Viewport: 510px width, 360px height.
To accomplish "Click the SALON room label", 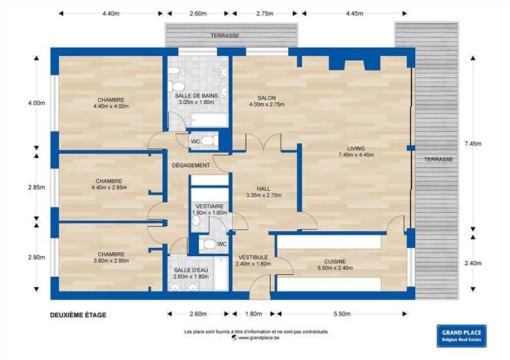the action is [x=267, y=98].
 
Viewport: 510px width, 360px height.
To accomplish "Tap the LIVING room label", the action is [x=356, y=148].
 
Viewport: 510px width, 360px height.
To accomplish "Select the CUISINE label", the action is [x=335, y=262].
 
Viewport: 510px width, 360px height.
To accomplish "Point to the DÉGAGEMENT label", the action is [x=191, y=165].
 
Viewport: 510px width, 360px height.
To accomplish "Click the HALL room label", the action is [x=263, y=189].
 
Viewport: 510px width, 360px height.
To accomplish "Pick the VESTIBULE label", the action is [x=253, y=258].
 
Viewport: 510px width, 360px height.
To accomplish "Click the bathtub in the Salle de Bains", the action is [x=209, y=120].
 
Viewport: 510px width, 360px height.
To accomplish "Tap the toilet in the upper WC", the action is [x=207, y=141].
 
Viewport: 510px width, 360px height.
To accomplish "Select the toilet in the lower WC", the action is [x=207, y=244].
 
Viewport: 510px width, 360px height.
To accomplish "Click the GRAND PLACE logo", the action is [x=461, y=336].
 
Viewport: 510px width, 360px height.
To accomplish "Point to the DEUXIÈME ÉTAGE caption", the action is [x=78, y=315].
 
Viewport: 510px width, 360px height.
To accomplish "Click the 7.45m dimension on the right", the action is [x=473, y=143].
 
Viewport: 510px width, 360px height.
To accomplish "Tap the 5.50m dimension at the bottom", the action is [x=342, y=314].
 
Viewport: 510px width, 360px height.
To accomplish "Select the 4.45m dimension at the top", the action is [x=355, y=13].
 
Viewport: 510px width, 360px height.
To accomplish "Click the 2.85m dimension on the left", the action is [x=37, y=187].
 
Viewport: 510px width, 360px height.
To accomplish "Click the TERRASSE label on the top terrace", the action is [x=225, y=35].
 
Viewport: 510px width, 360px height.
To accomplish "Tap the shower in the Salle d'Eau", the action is [x=221, y=273].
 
